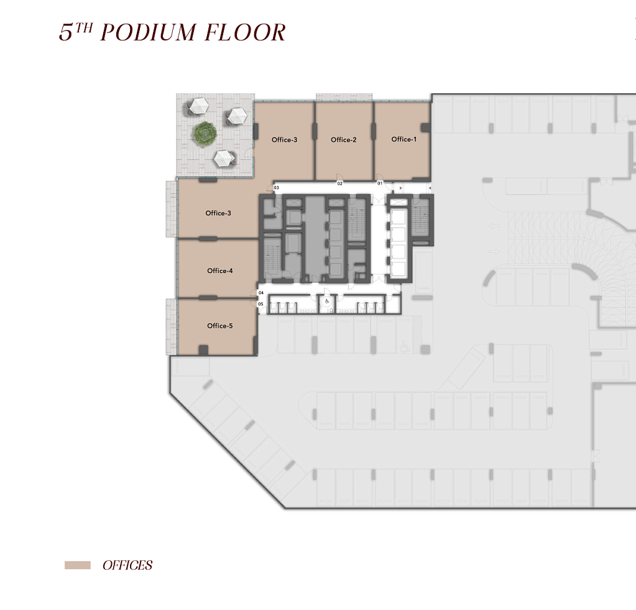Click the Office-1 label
(x=403, y=139)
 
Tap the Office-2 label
(x=344, y=139)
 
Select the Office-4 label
(x=220, y=270)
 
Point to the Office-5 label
(x=220, y=326)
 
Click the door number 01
(x=380, y=183)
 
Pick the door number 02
(x=340, y=183)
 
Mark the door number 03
(x=276, y=188)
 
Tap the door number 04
(x=261, y=292)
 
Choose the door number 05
(x=261, y=304)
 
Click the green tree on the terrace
(x=205, y=134)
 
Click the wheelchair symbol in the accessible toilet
(x=327, y=302)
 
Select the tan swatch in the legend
(x=78, y=565)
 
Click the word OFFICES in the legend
(x=127, y=565)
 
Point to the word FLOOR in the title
(x=245, y=32)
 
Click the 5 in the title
(x=66, y=32)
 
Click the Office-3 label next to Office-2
(x=284, y=139)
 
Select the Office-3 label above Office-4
(x=218, y=213)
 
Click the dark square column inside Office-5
(x=203, y=350)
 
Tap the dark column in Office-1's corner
(x=425, y=127)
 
